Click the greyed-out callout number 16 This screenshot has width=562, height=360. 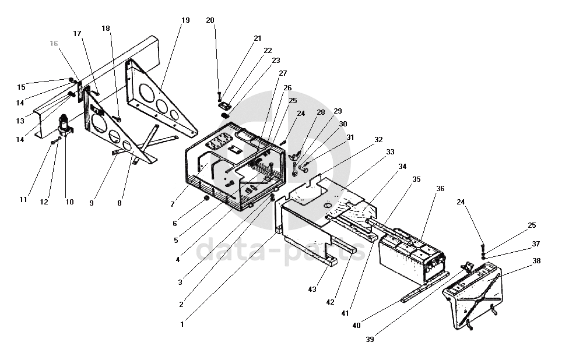[54, 43]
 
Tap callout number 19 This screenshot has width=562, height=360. [185, 20]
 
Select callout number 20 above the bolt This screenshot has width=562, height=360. [210, 20]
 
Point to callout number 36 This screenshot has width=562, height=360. [440, 188]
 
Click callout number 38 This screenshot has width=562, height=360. [536, 262]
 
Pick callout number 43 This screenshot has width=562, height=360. [312, 290]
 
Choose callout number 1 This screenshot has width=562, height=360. [182, 324]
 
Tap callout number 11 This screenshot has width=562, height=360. [23, 199]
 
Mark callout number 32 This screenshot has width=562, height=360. [379, 139]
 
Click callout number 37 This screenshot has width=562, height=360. [536, 243]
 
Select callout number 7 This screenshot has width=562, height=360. [173, 204]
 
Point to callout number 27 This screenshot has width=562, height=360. [283, 73]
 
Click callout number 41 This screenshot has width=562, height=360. [345, 313]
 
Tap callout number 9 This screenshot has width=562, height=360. [92, 203]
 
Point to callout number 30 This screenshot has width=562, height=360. [343, 123]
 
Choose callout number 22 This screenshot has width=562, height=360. [268, 51]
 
